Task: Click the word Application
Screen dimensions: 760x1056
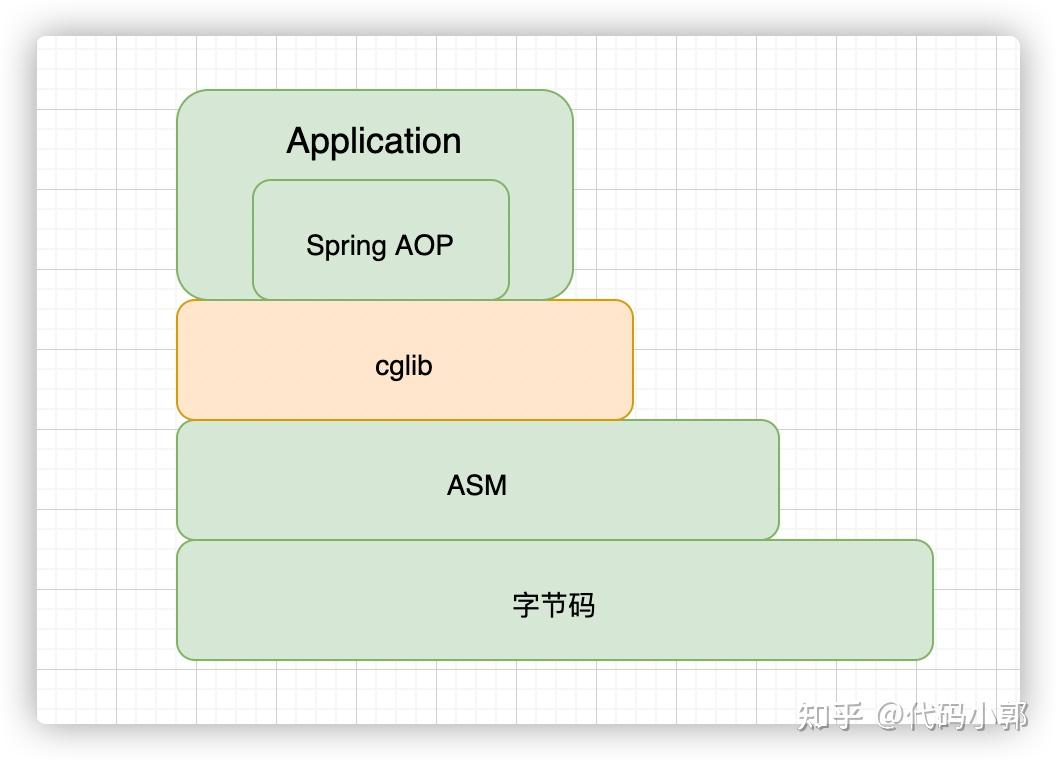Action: click(x=374, y=141)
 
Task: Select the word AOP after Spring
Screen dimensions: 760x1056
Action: click(x=427, y=245)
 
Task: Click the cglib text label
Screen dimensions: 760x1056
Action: click(x=404, y=366)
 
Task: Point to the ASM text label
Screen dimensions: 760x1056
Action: click(x=477, y=486)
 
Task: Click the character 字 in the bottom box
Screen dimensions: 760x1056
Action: click(x=526, y=605)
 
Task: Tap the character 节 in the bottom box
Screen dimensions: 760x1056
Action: click(x=554, y=605)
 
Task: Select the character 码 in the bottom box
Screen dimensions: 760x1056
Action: click(x=582, y=605)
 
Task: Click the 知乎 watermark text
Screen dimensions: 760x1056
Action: click(x=830, y=716)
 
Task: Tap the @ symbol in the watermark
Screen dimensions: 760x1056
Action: click(x=892, y=716)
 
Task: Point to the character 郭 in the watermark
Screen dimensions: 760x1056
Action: click(x=1013, y=716)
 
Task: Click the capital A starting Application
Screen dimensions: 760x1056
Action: click(x=297, y=141)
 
